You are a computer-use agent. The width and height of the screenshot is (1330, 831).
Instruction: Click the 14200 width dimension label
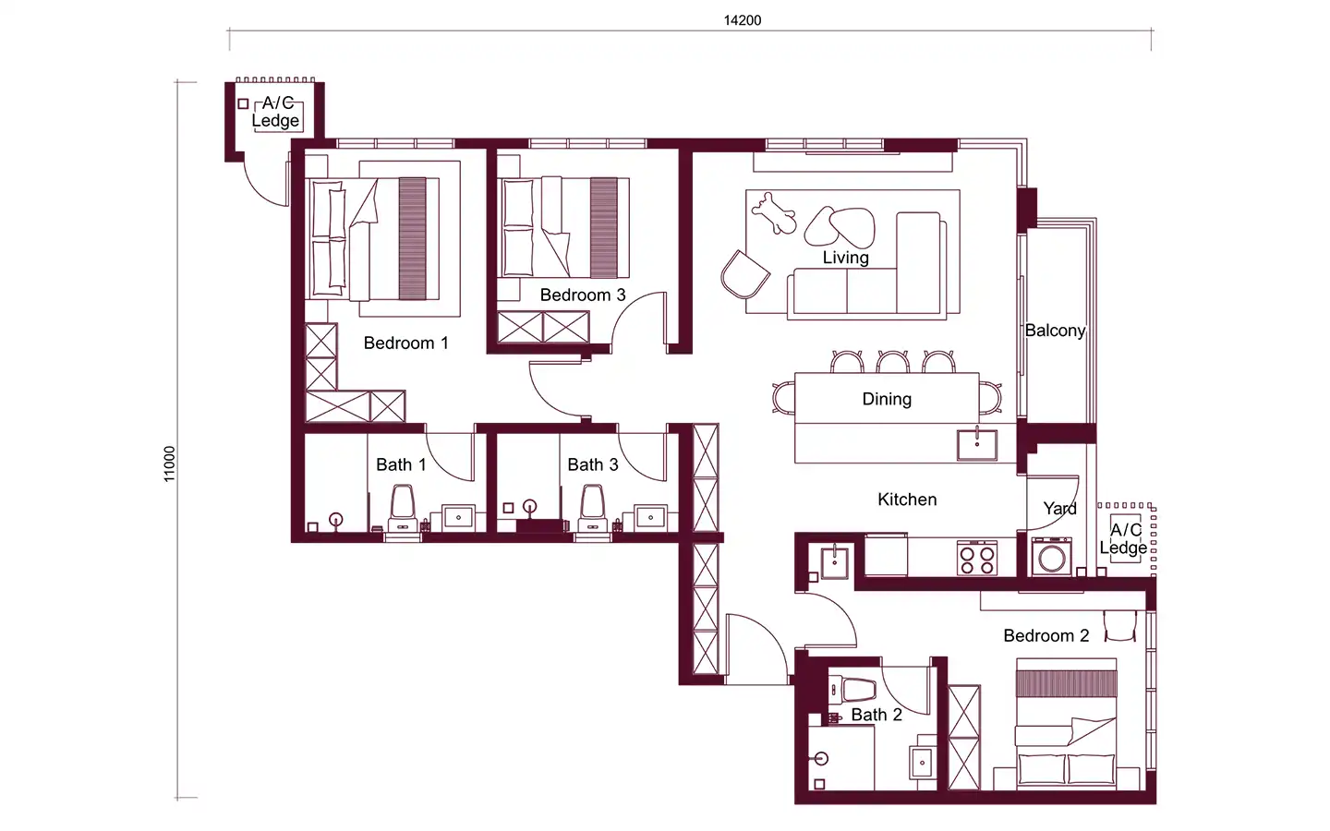(743, 20)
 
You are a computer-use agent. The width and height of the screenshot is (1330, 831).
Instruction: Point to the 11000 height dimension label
(170, 464)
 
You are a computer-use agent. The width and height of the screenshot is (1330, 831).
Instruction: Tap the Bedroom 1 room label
(406, 343)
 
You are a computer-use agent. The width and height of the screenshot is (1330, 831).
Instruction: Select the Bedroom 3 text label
(583, 295)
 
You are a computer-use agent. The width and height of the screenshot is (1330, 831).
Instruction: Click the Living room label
(845, 258)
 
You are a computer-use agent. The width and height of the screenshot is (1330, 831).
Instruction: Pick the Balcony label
(1055, 331)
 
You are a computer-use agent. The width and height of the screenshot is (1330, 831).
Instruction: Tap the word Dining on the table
(887, 399)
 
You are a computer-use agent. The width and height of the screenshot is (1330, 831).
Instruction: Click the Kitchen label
(907, 500)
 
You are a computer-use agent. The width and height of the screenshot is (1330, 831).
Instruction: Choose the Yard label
(1060, 508)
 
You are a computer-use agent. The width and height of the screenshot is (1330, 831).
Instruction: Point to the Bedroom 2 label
(1046, 635)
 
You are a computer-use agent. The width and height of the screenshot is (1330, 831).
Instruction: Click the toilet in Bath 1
(403, 509)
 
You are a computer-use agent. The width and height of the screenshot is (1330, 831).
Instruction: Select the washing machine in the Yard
(1051, 557)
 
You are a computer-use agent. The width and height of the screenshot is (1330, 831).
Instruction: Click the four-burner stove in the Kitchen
(977, 558)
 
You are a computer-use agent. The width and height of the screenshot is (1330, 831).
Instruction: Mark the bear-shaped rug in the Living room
(774, 213)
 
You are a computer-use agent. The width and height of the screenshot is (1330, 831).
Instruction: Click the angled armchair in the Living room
(745, 275)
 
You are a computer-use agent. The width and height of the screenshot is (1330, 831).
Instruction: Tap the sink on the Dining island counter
(977, 445)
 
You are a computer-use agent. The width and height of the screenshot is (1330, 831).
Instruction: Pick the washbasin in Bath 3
(651, 517)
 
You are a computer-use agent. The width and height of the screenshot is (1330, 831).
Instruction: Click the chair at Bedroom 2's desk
(1119, 626)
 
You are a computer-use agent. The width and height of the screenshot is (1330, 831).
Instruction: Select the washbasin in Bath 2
(922, 762)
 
